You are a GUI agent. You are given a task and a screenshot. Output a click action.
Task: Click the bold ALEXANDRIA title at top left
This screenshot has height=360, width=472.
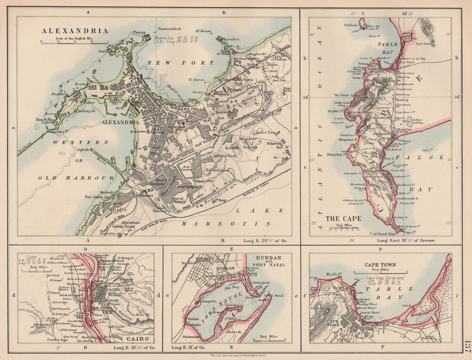coord(75,31)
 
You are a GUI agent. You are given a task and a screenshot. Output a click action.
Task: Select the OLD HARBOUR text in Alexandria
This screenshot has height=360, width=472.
coord(76,178)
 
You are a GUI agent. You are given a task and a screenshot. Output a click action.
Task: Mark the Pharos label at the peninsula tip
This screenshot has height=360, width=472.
coord(139,32)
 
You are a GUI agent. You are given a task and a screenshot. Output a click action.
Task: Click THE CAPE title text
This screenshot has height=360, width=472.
coord(343,218)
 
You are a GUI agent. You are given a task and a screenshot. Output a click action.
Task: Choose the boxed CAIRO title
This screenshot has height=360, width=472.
coord(138,339)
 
